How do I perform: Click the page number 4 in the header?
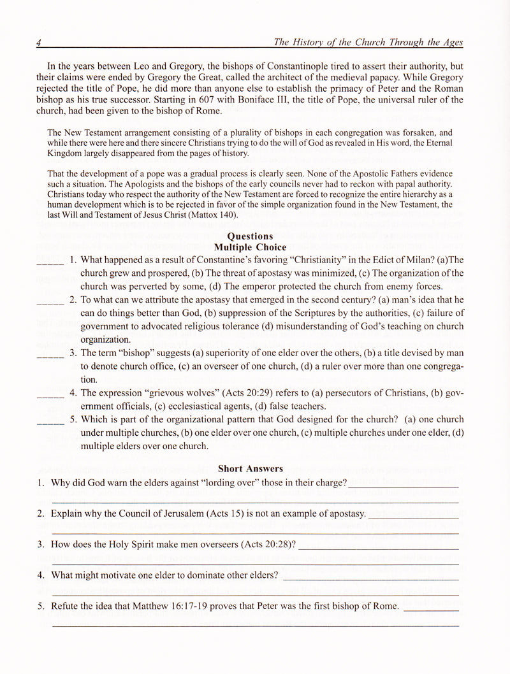[39, 43]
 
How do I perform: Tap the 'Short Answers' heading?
[251, 469]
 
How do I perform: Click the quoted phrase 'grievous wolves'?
[182, 393]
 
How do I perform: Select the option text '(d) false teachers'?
[288, 406]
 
